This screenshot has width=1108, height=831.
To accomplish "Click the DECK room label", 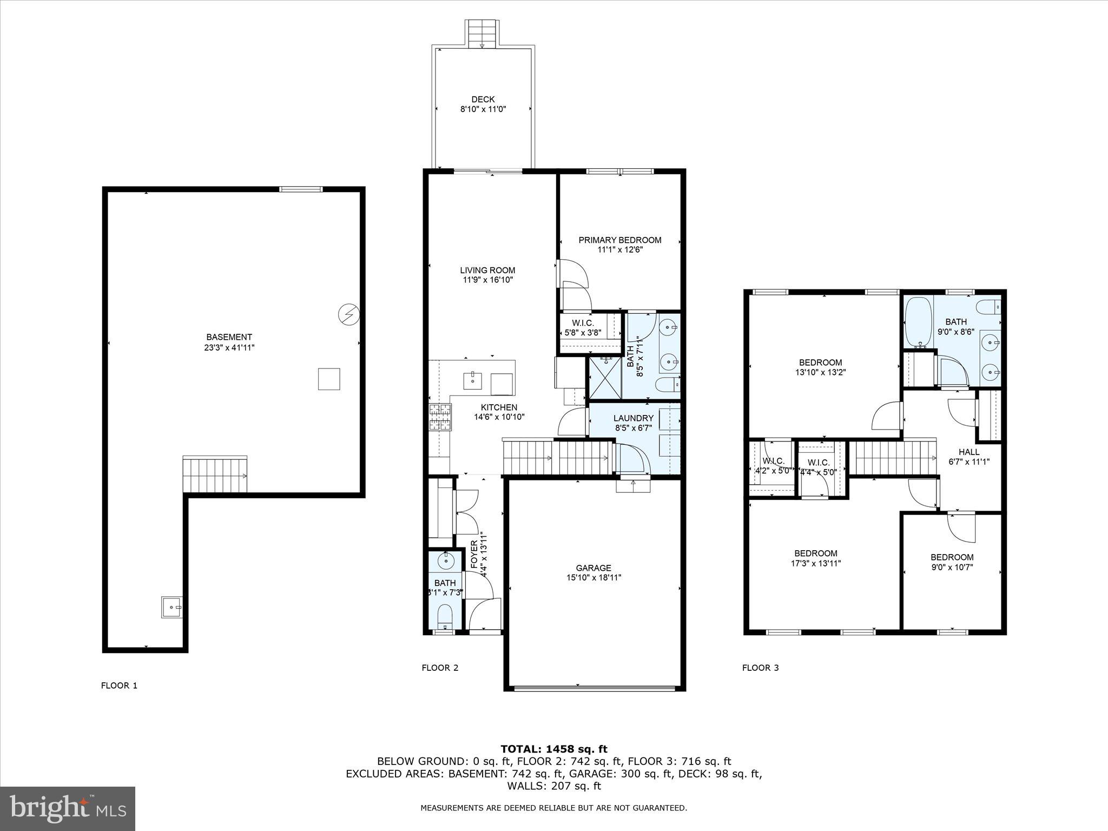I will (483, 100).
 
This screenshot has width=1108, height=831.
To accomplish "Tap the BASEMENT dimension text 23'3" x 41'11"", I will (226, 347).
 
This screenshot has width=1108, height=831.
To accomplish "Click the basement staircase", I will (215, 473).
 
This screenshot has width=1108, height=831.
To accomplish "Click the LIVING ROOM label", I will (487, 271).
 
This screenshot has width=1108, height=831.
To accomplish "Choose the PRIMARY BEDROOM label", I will (619, 240).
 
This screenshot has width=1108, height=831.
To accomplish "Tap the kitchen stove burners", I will (440, 417).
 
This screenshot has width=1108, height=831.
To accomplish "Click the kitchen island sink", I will (473, 380).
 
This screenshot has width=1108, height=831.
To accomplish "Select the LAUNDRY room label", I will (633, 418).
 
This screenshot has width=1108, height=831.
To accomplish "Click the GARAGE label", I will (593, 568).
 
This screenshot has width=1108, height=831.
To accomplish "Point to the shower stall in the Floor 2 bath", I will (605, 378).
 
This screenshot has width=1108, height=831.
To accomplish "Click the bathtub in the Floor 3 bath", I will (918, 322).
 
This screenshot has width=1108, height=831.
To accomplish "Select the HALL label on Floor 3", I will (968, 452).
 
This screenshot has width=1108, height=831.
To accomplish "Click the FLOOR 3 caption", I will (760, 668).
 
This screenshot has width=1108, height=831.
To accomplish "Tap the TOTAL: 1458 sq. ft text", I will (553, 749).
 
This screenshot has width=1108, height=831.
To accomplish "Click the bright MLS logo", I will (68, 809).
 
